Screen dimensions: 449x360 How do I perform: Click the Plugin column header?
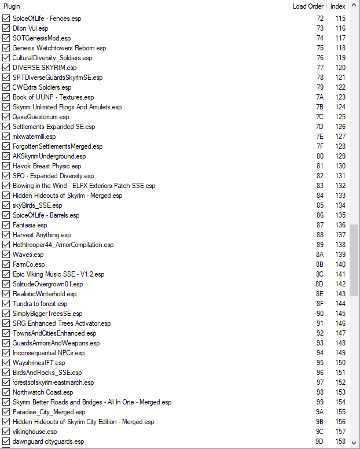click(x=12, y=6)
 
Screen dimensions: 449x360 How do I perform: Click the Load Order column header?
click(x=308, y=6)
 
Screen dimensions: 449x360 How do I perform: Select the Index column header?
click(x=338, y=6)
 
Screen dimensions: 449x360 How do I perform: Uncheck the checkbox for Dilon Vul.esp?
click(x=6, y=28)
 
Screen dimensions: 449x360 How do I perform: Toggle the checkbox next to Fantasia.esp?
click(x=6, y=225)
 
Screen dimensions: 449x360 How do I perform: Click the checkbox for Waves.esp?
click(x=6, y=255)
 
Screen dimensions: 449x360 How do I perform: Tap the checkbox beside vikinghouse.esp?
click(x=6, y=432)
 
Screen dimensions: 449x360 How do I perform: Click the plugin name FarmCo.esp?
click(x=28, y=264)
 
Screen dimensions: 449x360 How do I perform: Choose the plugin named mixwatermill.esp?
click(x=34, y=137)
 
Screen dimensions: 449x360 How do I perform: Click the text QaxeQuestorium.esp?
click(x=41, y=117)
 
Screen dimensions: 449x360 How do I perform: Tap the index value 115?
click(x=340, y=19)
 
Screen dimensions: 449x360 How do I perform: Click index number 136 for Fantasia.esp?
click(x=340, y=225)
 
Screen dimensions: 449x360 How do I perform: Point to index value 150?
click(x=340, y=363)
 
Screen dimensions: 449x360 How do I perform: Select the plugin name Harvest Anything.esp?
click(x=42, y=235)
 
